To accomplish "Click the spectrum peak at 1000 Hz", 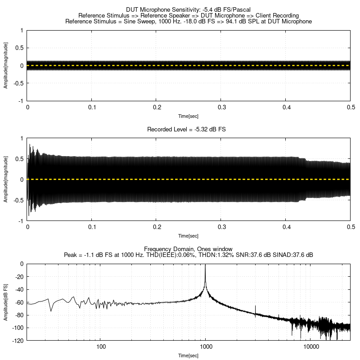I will (206, 265).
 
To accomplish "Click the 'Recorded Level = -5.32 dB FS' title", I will (186, 129).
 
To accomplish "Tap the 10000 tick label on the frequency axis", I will (311, 347).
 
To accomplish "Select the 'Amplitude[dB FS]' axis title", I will (5, 302).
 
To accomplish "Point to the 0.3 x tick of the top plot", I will (221, 108).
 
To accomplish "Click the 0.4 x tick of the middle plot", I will (285, 228).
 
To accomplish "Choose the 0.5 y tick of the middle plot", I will (19, 159).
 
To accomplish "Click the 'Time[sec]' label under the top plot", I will (189, 116).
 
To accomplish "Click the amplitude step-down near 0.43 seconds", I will (306, 159).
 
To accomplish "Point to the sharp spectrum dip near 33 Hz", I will (51, 310).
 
